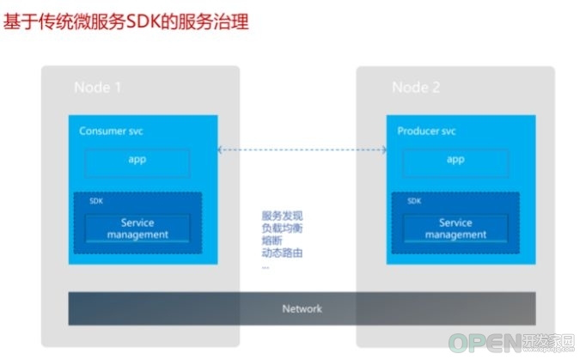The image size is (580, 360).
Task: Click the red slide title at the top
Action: (125, 21)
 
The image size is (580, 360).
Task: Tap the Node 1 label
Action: (98, 88)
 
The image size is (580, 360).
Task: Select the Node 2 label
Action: (416, 88)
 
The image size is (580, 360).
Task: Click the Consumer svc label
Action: (111, 131)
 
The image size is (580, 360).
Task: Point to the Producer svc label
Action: (426, 131)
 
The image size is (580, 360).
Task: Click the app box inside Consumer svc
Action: (137, 163)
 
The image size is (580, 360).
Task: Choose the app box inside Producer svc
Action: (455, 163)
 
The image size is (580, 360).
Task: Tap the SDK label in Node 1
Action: (96, 201)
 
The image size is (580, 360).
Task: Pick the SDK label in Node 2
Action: (414, 201)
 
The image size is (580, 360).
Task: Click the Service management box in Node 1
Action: (137, 229)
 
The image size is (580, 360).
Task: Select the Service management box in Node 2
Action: (455, 229)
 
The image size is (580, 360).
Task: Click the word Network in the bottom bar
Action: (302, 308)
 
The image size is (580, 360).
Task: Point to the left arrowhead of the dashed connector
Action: (220, 149)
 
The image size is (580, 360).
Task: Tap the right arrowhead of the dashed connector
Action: (384, 149)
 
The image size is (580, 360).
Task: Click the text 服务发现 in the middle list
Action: (282, 216)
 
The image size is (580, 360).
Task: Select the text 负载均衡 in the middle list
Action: (282, 228)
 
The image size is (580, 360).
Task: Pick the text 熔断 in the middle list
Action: (272, 241)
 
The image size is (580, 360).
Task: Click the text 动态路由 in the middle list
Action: (282, 253)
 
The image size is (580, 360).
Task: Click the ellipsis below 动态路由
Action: (266, 267)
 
